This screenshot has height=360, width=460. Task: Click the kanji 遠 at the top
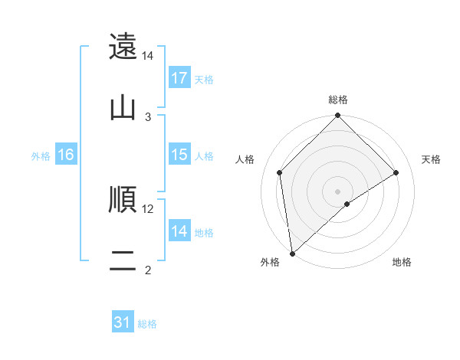pos(123,47)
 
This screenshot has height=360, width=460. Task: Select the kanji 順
pos(123,200)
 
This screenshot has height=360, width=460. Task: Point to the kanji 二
pos(123,261)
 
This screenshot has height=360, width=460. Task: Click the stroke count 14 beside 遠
pos(148,56)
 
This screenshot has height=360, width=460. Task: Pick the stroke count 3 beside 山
pos(148,117)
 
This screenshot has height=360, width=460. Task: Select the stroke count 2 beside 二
pos(148,270)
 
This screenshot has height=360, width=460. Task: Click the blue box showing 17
pos(179,78)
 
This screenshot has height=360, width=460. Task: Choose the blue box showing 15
pos(179,155)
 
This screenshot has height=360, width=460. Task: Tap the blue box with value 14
pos(179,231)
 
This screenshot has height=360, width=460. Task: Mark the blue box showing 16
pos(66,155)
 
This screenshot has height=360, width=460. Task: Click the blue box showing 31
pos(123,323)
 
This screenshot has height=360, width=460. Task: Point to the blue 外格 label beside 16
pos(41,155)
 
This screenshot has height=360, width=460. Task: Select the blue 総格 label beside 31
pos(147,324)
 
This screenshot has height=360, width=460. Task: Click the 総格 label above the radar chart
pos(338,100)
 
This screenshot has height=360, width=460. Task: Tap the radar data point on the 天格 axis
pos(396,172)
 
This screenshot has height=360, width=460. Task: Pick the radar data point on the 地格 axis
pos(347,204)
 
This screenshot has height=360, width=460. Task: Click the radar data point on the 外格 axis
pos(292,254)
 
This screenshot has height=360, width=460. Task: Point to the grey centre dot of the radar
pos(338,191)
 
